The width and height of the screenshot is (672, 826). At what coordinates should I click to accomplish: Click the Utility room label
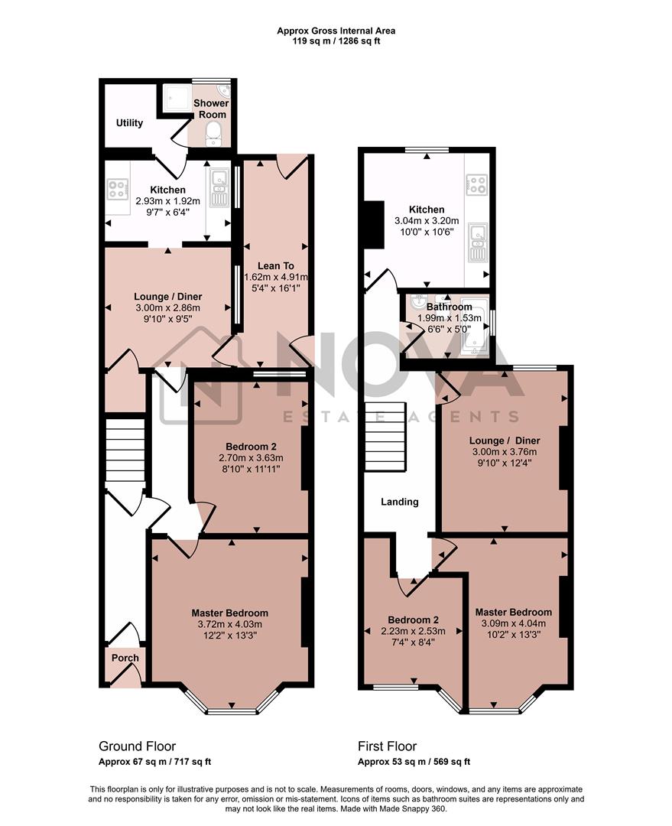[129, 122]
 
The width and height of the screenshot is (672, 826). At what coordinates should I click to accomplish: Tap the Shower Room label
[210, 109]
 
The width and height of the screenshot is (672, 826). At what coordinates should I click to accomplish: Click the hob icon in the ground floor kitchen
[118, 187]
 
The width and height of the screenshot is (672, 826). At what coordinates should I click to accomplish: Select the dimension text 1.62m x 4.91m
[277, 277]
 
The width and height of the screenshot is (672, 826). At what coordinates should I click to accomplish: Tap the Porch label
[125, 658]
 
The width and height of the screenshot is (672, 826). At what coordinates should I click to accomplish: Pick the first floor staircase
[384, 437]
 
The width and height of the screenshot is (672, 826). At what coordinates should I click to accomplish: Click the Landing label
[400, 502]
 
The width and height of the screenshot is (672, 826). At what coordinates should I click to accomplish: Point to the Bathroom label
[450, 307]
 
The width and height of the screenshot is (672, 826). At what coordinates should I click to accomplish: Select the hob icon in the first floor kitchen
[477, 184]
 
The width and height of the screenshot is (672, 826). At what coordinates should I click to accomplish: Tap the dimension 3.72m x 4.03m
[229, 625]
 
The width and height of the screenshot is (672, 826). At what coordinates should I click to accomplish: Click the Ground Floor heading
[138, 746]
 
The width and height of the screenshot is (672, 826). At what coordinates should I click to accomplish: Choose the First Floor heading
[388, 746]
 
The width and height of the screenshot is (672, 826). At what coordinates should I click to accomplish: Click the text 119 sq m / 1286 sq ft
[336, 41]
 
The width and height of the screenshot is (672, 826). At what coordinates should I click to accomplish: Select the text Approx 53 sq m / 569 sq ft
[414, 762]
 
